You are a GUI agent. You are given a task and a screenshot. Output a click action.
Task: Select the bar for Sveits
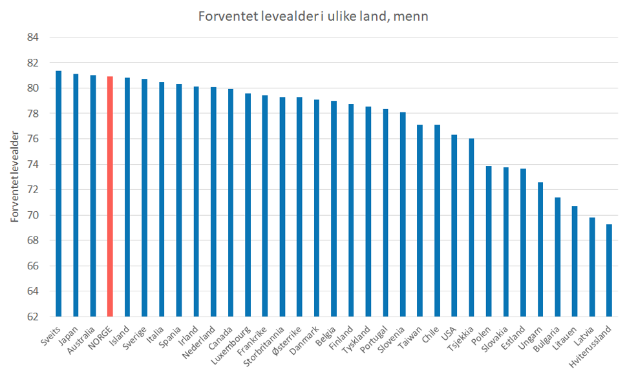[58, 194]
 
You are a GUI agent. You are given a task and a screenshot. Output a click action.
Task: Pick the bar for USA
[454, 225]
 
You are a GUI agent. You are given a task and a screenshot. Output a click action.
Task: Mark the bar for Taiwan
[420, 220]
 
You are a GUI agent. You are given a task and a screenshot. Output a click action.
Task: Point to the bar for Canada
[230, 203]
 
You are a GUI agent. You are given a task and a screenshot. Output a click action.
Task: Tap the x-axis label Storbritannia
[264, 342]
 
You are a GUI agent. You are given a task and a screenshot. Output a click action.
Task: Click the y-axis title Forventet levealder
[14, 176]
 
